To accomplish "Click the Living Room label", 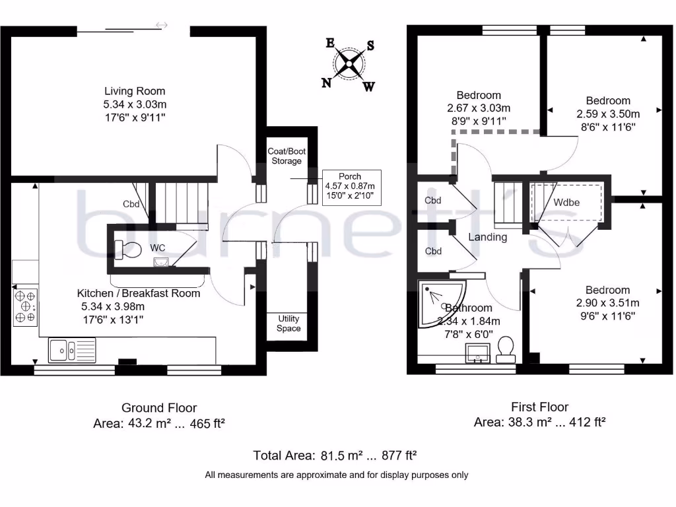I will (135, 91).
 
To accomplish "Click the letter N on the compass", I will (326, 83).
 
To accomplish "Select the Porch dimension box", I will (350, 188).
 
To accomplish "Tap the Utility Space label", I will (288, 323).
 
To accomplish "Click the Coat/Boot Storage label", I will (287, 156).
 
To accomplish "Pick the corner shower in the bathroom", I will (440, 302).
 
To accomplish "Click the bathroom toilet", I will (506, 349).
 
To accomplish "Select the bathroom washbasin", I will (478, 353).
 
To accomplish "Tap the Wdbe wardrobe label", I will (566, 202).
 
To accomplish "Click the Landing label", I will (488, 237).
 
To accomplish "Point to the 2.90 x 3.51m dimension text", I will (607, 303).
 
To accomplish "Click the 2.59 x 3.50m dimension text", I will (608, 113).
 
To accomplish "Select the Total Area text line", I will (335, 456).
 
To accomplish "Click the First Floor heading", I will (539, 407).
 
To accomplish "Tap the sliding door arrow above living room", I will (162, 25).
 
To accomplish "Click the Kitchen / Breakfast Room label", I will (139, 293).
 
